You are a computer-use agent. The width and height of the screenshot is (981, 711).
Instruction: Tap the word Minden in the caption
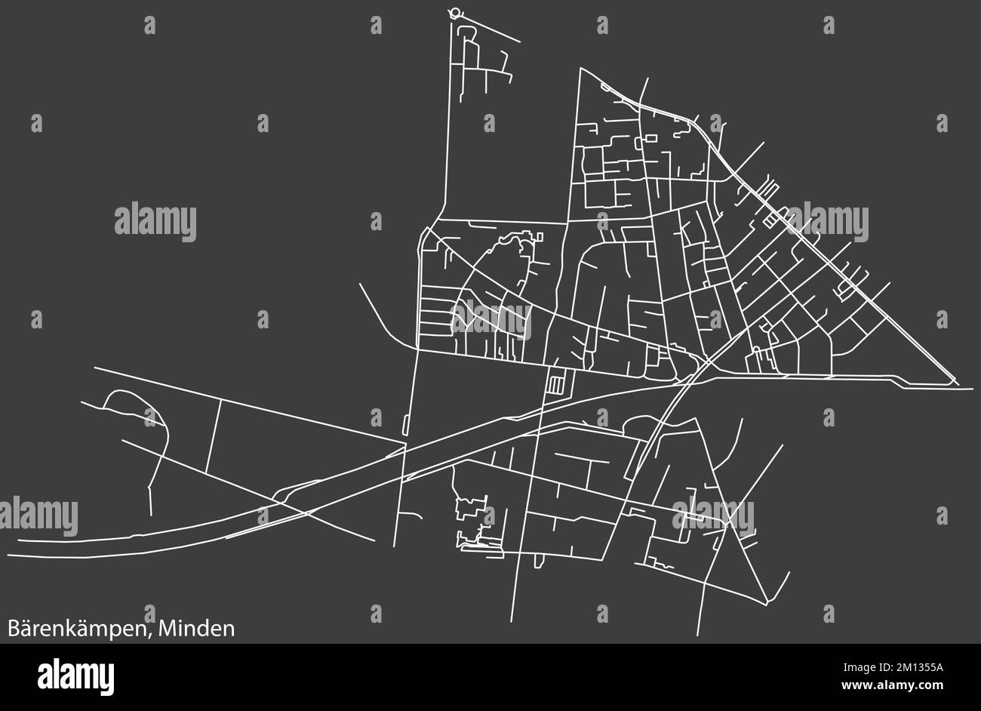[x=198, y=628]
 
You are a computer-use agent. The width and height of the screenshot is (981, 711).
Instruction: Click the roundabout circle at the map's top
[x=454, y=12]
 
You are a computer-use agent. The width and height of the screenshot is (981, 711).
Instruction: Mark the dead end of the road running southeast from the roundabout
[x=520, y=42]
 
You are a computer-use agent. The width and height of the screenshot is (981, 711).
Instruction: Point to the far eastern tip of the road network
[x=972, y=388]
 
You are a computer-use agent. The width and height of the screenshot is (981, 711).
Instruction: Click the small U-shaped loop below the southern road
[x=539, y=561]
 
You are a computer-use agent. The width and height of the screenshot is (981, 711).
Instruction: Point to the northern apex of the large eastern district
[x=580, y=69]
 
